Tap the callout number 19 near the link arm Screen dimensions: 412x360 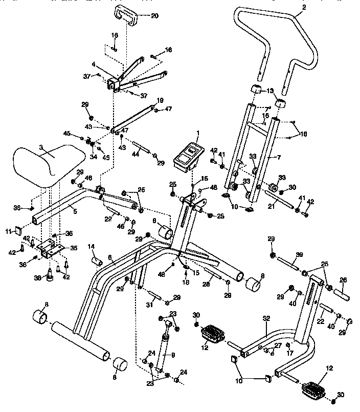(x=160, y=100)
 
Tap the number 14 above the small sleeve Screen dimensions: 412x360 (x=92, y=247)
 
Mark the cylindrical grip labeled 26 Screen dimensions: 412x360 (x=342, y=296)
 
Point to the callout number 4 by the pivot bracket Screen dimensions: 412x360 (x=94, y=65)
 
